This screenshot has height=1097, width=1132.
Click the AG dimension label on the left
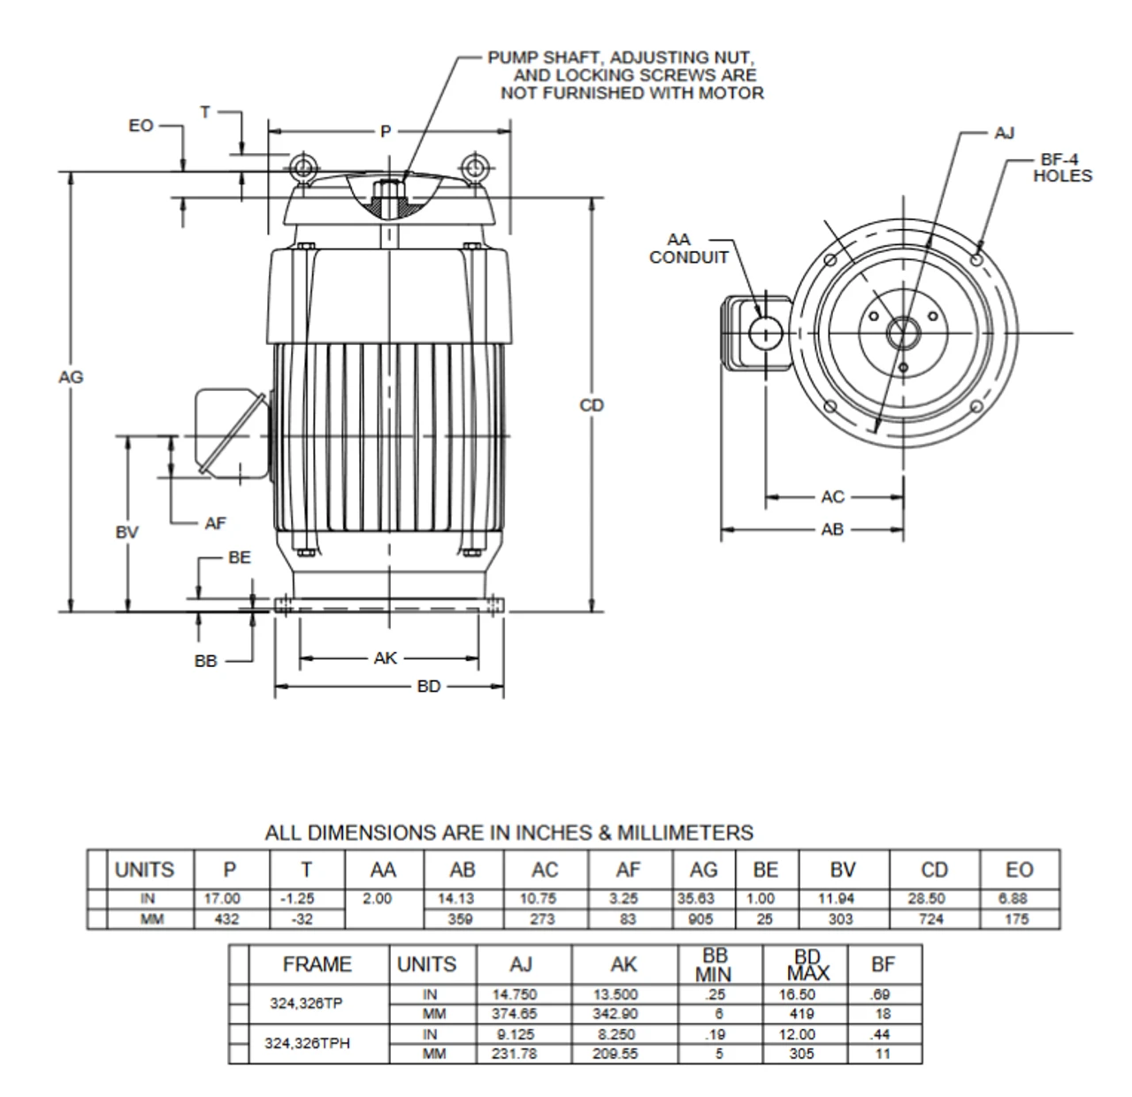coord(71,377)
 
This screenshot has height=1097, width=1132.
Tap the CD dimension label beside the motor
coord(592,405)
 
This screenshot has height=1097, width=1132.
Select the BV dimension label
coord(126,533)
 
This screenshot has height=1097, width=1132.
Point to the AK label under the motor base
coord(386,658)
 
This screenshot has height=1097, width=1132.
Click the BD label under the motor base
coord(429,687)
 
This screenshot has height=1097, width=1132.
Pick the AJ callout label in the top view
coord(1004,134)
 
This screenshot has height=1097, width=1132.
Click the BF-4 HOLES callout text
coord(1062,168)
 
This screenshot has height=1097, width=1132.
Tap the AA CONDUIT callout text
coord(688,249)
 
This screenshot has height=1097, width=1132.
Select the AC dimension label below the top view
coord(832,497)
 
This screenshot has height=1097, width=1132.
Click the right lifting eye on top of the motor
coord(475,167)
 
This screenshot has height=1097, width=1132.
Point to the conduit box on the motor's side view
coord(228,433)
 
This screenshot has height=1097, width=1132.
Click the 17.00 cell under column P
coord(223,898)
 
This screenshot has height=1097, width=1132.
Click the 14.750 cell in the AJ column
coord(515,994)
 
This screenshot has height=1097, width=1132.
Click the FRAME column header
coord(317,964)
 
